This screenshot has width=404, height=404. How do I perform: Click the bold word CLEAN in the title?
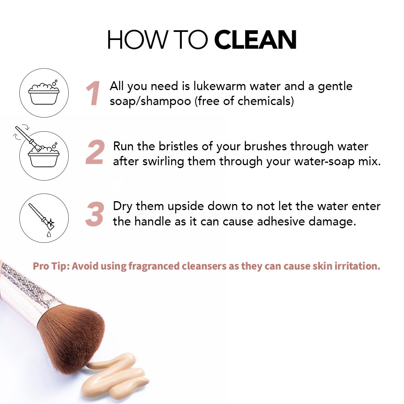[255, 40]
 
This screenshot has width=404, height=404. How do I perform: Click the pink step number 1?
[93, 93]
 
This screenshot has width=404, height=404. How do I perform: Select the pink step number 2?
[95, 152]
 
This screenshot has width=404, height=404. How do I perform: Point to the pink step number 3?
[95, 214]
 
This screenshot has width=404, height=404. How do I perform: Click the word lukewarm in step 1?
[219, 86]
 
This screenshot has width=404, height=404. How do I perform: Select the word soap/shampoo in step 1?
[150, 101]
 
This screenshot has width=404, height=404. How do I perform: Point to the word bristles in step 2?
[178, 146]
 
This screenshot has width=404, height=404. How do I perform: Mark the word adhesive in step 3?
[281, 221]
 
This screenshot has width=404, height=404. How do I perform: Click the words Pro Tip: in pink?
[51, 266]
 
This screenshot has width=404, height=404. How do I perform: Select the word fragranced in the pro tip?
[154, 266]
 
